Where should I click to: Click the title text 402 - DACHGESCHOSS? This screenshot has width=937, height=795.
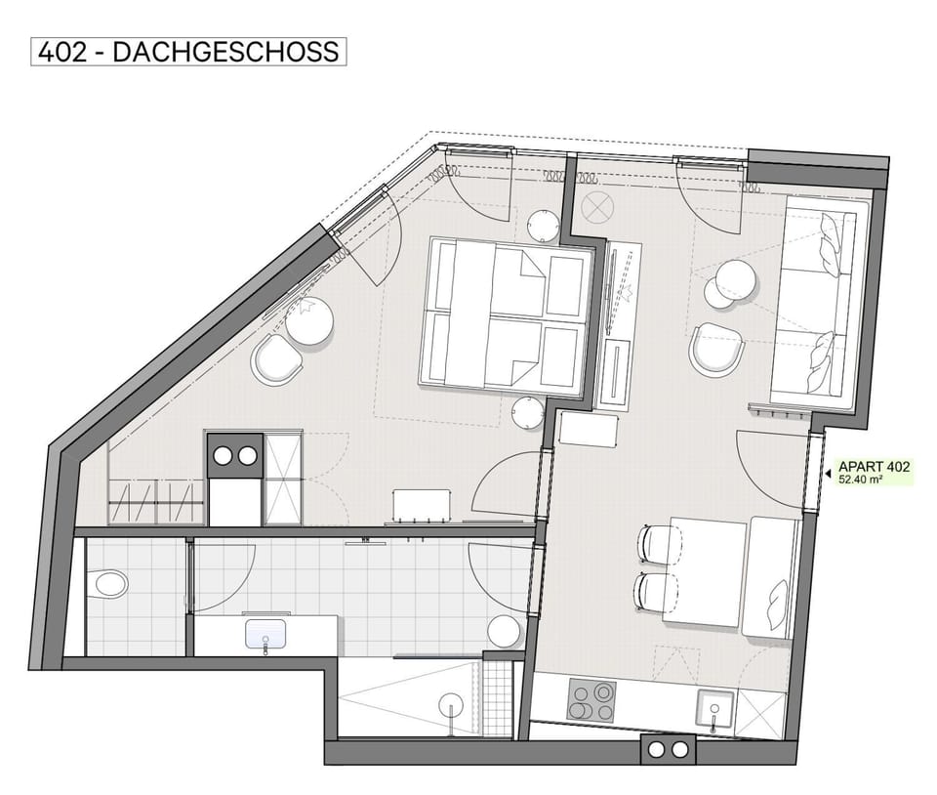(189, 51)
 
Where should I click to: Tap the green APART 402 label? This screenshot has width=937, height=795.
(873, 472)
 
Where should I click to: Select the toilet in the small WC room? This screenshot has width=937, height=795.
(110, 584)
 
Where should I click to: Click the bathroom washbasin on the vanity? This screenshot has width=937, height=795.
(265, 633)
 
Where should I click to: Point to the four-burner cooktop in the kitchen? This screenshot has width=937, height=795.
(591, 700)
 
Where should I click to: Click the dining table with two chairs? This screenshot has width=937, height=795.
(705, 571)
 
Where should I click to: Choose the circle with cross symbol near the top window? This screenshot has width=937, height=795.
(595, 206)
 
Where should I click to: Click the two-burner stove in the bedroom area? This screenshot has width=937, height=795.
(235, 455)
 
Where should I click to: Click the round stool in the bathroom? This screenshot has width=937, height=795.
(505, 631)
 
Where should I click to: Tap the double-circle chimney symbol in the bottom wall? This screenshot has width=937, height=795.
(667, 749)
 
